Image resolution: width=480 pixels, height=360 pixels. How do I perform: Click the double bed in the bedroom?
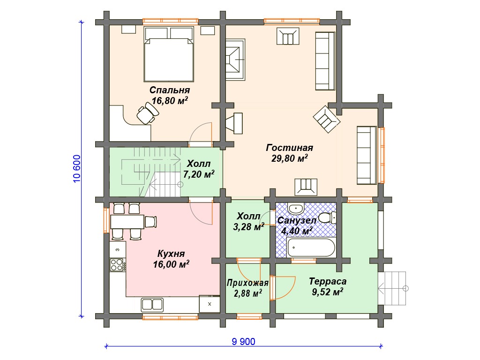point(169,54)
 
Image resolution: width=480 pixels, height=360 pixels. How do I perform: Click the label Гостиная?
point(289,148)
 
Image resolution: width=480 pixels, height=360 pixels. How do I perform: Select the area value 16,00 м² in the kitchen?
point(171,264)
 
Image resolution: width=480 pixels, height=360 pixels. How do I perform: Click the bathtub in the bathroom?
point(311,247)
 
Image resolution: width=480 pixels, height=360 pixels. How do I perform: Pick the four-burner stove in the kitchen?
point(117,264)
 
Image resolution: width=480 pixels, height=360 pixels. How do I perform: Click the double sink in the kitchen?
point(152,305)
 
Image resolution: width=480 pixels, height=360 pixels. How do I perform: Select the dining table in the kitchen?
point(127,222)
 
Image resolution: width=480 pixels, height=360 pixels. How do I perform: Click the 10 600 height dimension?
point(77,169)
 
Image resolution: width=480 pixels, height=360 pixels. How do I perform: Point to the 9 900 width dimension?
point(243,341)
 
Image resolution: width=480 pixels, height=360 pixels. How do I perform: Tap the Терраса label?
point(328,281)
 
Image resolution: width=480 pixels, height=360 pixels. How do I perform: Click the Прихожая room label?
point(247,283)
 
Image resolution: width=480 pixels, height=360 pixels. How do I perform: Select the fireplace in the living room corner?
point(235,60)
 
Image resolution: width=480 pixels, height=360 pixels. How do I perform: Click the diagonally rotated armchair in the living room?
point(327,119)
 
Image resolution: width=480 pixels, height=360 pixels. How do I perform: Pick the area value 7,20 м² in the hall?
point(199,174)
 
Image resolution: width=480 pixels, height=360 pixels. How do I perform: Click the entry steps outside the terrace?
point(392,288)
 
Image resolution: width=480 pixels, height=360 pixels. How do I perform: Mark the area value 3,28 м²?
point(248,227)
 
